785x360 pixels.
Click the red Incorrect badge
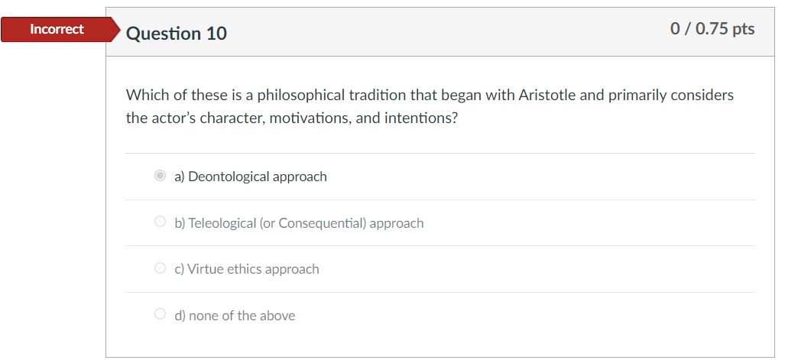tap(57, 30)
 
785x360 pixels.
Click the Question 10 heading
tap(176, 34)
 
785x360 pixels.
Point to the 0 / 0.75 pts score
tap(712, 29)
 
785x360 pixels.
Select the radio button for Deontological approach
tap(160, 177)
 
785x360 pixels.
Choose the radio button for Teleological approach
tap(160, 222)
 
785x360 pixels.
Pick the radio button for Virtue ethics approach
tap(160, 268)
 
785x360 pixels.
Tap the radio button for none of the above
tap(160, 315)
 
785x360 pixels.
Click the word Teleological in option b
tap(222, 223)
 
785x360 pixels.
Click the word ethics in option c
tap(243, 269)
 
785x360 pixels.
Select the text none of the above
tap(235, 316)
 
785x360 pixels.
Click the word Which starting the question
tap(144, 96)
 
